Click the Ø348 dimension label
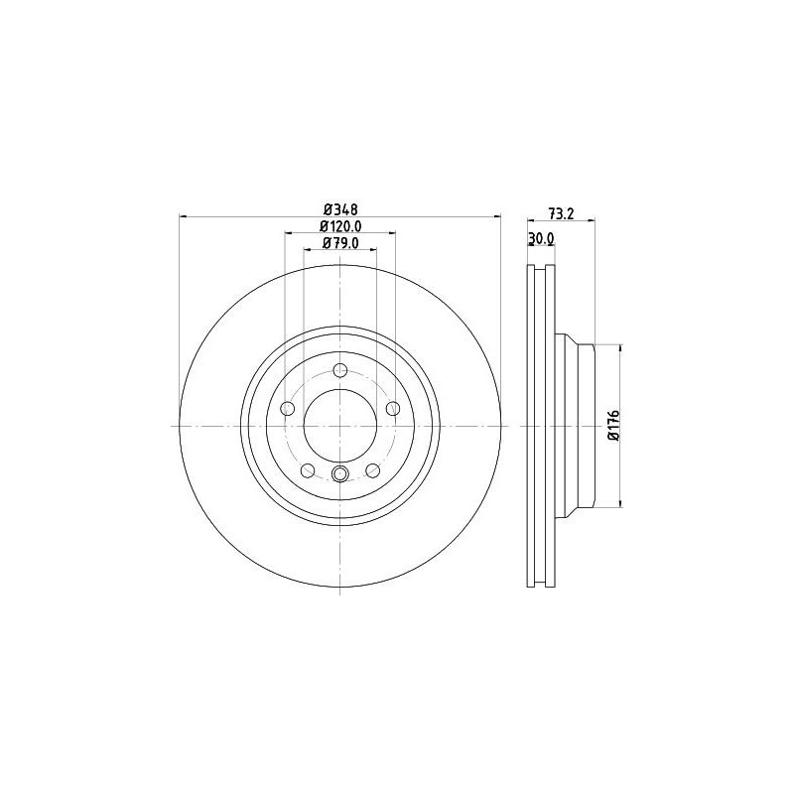tap(340, 209)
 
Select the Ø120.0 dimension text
tap(340, 226)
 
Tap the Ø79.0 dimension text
tap(340, 243)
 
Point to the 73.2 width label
tap(561, 213)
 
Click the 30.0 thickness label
tap(541, 238)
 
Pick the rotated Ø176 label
tap(614, 426)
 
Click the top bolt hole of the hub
tap(340, 370)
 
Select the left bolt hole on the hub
tap(288, 408)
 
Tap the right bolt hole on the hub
tap(393, 408)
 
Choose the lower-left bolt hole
tap(308, 470)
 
